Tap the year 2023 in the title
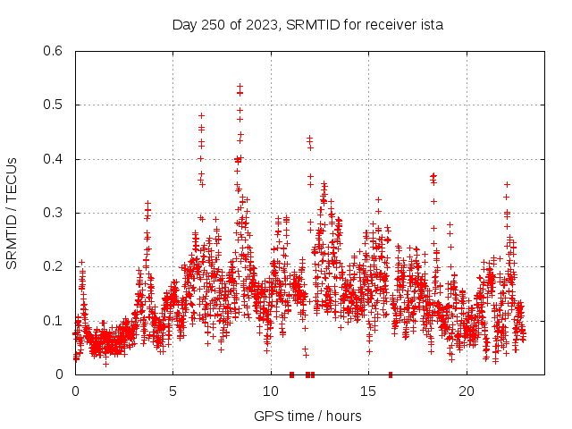pyautogui.click(x=260, y=24)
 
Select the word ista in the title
pyautogui.click(x=430, y=24)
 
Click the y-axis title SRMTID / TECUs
pyautogui.click(x=12, y=213)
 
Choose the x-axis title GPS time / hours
pyautogui.click(x=307, y=416)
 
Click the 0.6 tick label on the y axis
pyautogui.click(x=56, y=51)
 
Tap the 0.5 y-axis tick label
pyautogui.click(x=56, y=105)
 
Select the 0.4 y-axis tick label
pyautogui.click(x=56, y=159)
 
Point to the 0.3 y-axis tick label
pyautogui.click(x=56, y=213)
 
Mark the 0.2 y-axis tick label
pyautogui.click(x=56, y=266)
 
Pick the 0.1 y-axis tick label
pyautogui.click(x=56, y=321)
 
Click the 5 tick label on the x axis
pyautogui.click(x=173, y=391)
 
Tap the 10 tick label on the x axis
pyautogui.click(x=271, y=391)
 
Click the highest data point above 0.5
pyautogui.click(x=240, y=86)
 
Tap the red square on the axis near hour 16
pyautogui.click(x=391, y=374)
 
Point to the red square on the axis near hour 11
pyautogui.click(x=292, y=374)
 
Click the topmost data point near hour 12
pyautogui.click(x=309, y=138)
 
